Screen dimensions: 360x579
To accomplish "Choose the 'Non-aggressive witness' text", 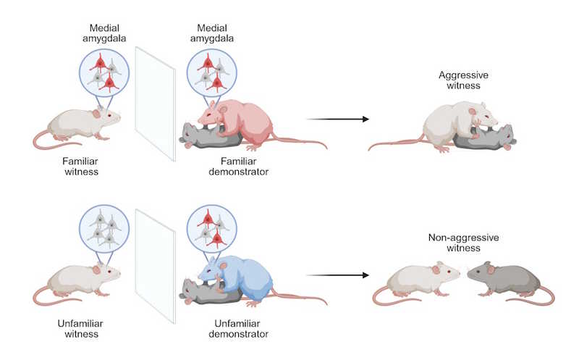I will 464,242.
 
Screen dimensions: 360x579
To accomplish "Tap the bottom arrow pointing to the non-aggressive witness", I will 337,275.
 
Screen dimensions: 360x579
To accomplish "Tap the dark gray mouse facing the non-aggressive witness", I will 507,279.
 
